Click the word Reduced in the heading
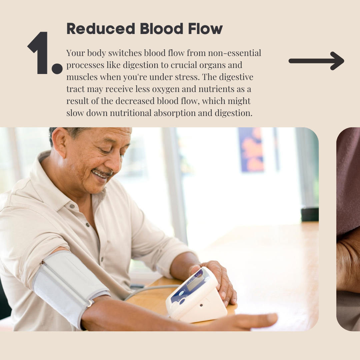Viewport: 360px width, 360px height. [101, 29]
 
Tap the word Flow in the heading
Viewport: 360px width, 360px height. [205, 29]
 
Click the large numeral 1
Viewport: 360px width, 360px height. [38, 53]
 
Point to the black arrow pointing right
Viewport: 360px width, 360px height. [316, 61]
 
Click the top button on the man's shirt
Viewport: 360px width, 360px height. [72, 206]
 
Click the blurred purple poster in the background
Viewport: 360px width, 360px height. [251, 150]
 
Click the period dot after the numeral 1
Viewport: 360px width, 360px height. [57, 69]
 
